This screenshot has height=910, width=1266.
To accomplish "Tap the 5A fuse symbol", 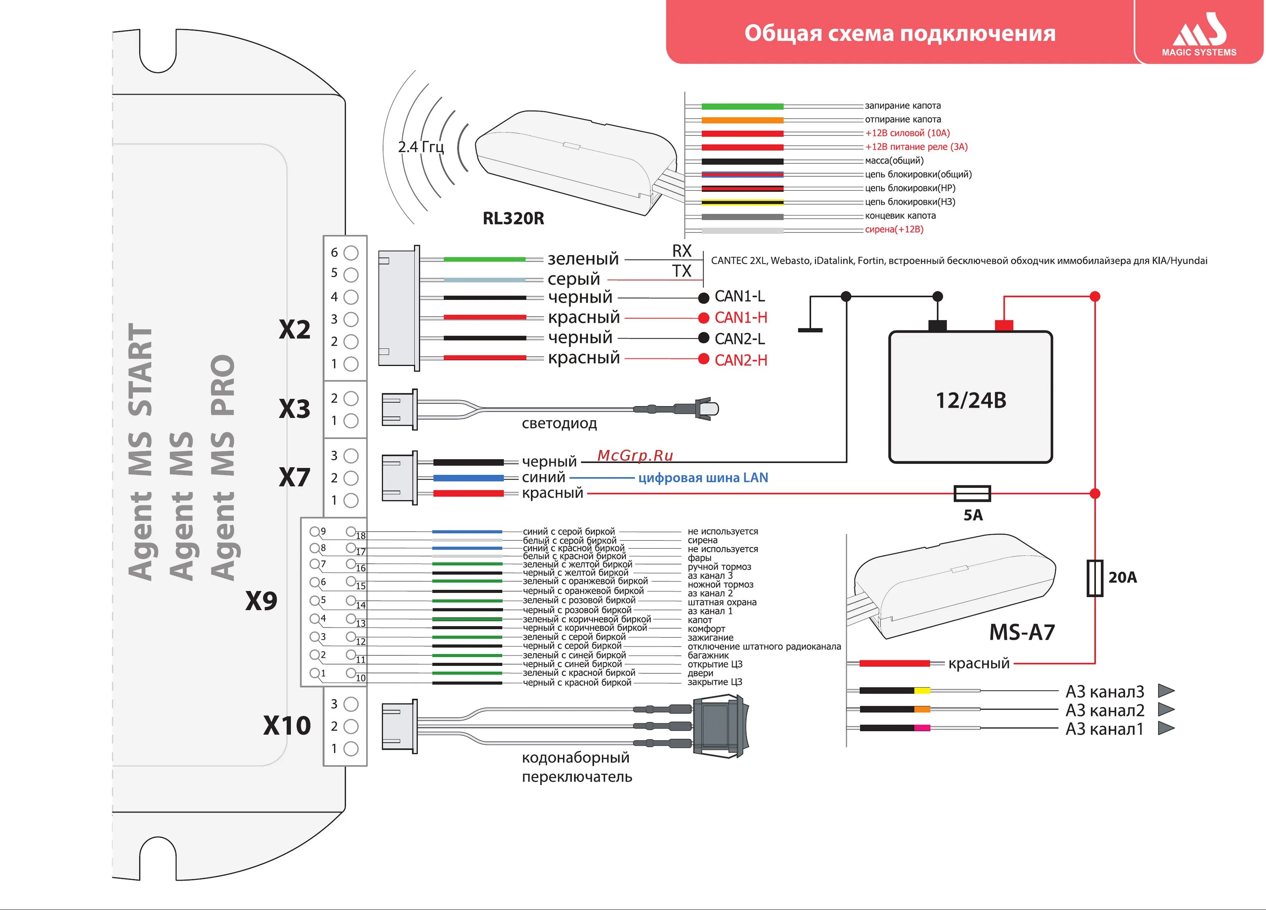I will click(972, 493).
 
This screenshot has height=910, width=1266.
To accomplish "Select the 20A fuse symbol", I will click(1095, 578).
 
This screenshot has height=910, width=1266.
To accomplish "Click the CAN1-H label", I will click(741, 318).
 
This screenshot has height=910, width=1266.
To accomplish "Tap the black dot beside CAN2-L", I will click(704, 338).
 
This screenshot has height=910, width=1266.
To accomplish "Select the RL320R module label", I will click(513, 218).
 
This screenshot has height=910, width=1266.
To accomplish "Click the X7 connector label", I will click(294, 478).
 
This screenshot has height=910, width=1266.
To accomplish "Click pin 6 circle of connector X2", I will click(351, 253).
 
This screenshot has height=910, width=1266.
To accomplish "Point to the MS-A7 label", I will click(1022, 632).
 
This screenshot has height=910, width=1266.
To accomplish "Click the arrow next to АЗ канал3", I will click(1166, 691).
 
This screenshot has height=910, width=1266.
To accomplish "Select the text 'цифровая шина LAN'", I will click(703, 478).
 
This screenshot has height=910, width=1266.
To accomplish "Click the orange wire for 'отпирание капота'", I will click(742, 120).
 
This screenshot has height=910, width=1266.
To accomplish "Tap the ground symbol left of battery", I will click(810, 329).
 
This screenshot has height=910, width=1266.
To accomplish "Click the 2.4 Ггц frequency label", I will click(420, 147).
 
